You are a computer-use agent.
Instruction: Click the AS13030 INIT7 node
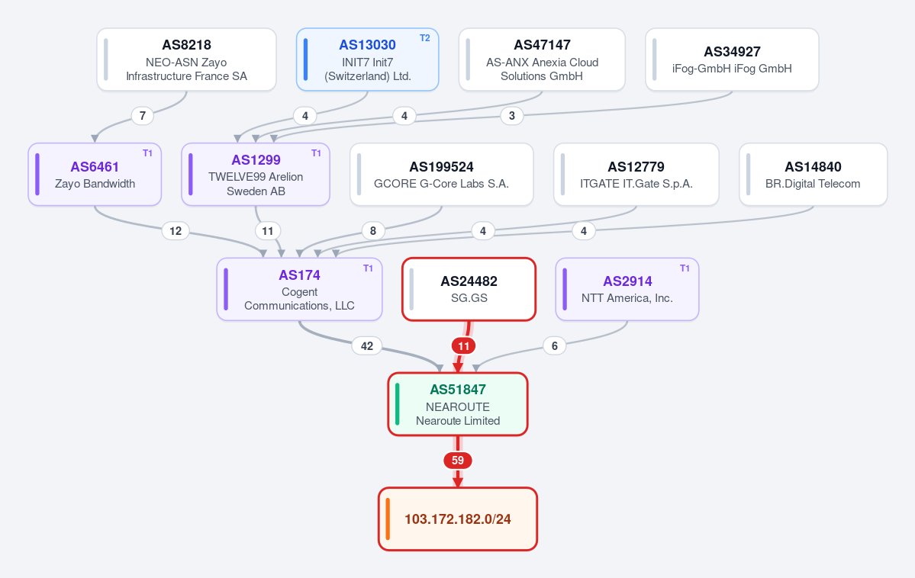368,59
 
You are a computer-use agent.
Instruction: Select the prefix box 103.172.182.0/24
458,519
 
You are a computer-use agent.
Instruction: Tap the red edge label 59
458,461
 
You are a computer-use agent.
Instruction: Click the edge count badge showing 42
366,346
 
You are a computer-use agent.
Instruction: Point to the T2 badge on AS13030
425,38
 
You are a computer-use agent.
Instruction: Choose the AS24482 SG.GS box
469,289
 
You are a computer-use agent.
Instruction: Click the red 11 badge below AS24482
463,346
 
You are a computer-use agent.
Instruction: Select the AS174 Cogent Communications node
299,289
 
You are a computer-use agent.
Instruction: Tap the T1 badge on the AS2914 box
685,268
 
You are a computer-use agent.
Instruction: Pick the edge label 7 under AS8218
143,115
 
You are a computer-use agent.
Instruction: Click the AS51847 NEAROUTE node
458,404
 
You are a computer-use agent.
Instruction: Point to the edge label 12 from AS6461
176,231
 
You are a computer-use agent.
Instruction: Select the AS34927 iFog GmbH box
733,59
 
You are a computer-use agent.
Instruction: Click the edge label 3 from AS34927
512,115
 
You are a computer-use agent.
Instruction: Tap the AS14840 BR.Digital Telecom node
814,175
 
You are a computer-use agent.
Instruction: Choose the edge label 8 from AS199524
373,231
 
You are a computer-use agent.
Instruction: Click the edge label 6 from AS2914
554,346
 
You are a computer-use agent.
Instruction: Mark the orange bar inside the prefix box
388,519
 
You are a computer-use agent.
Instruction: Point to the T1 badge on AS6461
147,153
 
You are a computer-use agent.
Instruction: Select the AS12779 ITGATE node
636,175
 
